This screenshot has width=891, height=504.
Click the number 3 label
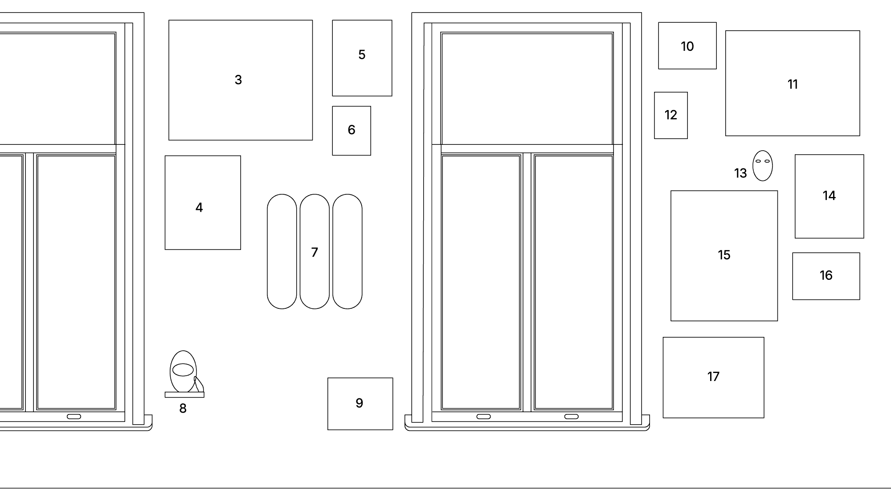click(238, 80)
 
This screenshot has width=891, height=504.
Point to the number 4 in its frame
click(199, 208)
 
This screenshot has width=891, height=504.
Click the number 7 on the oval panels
click(315, 253)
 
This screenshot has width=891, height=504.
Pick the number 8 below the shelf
click(183, 409)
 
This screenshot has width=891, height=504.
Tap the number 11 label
click(793, 84)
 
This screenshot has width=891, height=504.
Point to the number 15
click(724, 255)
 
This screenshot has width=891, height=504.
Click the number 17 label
click(713, 377)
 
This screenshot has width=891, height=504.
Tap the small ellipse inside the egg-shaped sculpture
click(183, 370)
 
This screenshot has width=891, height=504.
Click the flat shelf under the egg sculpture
click(184, 395)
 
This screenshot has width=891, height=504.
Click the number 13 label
click(740, 173)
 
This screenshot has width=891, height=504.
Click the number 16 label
click(826, 275)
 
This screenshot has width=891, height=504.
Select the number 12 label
click(670, 115)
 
